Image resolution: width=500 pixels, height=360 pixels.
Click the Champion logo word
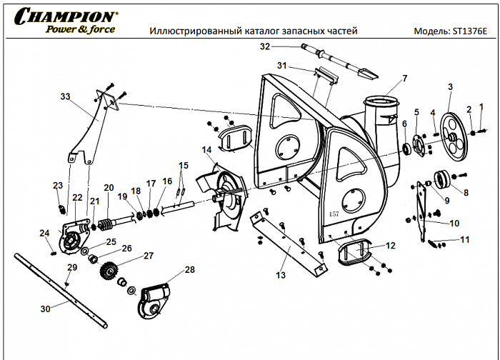click(64, 16)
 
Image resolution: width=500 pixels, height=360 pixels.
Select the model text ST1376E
click(468, 32)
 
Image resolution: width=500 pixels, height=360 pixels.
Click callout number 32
click(265, 46)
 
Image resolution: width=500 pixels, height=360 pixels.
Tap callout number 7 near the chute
click(404, 78)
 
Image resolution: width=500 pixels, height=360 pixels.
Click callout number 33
click(66, 96)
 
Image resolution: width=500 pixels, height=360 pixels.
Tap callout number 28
click(189, 270)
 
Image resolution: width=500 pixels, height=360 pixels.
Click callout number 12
click(390, 245)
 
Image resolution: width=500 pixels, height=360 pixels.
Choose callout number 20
click(109, 188)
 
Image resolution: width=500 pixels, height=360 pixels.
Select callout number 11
click(464, 239)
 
